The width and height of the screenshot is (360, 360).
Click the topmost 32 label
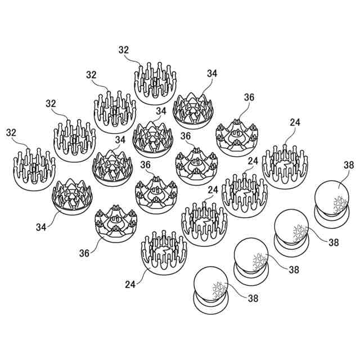coord(124,50)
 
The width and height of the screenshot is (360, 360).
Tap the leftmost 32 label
coord(11,133)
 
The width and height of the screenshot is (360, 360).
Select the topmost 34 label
coord(212,74)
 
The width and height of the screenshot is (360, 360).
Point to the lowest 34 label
coord(41,227)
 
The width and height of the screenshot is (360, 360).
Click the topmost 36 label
coord(249,97)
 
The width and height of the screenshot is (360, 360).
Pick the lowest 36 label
coord(84,253)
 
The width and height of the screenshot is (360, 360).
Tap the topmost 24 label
coord(295,123)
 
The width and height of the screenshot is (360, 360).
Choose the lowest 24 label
coord(130,285)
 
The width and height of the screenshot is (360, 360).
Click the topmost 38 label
coord(349,165)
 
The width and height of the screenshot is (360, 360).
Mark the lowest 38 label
coord(253,298)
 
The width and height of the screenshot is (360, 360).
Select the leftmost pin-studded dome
coord(34,169)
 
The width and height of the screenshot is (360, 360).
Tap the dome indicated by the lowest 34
coord(72,196)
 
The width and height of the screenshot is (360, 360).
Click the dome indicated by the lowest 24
coord(164,253)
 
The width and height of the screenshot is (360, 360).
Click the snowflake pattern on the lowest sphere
coord(219,290)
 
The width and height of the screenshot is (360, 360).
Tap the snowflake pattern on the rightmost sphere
coord(340,205)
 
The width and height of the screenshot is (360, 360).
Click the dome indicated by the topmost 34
coord(193,110)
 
